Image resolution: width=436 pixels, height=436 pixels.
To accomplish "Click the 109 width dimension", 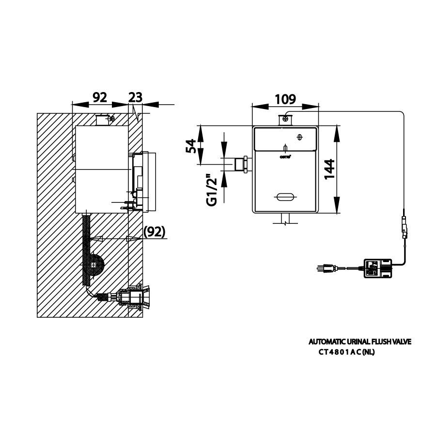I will (285, 99).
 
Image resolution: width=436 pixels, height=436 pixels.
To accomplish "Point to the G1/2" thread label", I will (211, 190).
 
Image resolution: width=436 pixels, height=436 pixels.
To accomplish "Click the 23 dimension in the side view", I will (136, 97).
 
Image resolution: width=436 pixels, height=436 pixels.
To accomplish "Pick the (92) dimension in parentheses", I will (154, 232).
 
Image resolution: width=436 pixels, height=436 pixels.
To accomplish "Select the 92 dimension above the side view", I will (99, 97).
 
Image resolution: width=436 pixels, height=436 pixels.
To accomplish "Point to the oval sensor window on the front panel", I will (284, 197).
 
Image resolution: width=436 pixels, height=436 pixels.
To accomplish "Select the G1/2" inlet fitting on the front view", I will (241, 164).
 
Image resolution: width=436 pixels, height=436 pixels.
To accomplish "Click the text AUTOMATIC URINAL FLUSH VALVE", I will (359, 342).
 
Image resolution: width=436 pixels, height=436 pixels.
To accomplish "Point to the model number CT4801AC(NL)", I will (346, 352).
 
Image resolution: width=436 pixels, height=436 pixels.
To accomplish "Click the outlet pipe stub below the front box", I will (284, 219).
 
